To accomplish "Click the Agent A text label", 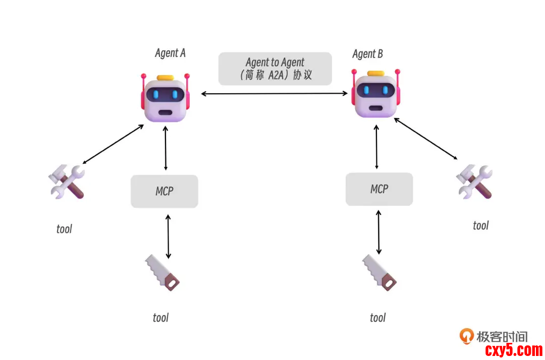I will pos(170,53).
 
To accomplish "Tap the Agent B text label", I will pos(367,54).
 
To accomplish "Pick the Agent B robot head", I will pos(376,93).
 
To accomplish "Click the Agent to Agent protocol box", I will pos(275,69).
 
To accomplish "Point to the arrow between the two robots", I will pos(275,93).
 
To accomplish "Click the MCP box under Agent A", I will pos(165,191).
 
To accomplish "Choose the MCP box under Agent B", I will pos(379,189).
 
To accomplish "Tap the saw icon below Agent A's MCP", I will pos(162,272).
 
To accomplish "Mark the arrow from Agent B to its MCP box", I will pos(376,146).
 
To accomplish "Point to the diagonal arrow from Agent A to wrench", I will pos(113,144).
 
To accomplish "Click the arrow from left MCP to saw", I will pos(168,236).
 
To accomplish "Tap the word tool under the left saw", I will pos(160,318).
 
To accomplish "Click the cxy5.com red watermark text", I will pos(513,350).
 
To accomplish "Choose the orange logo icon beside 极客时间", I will pos(466,336).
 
